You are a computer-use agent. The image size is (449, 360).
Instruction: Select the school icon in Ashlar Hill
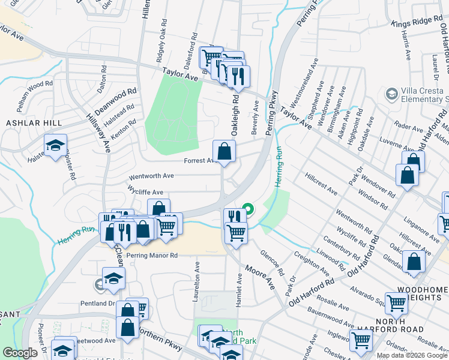(55, 145)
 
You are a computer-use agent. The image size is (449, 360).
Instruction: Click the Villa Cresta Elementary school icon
(392, 94)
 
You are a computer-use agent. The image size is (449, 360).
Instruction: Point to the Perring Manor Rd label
(152, 255)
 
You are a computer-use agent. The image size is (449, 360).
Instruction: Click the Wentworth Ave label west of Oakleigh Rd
(151, 176)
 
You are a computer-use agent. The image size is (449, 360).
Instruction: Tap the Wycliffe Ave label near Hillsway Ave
(145, 193)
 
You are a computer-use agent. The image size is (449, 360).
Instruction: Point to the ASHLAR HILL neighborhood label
(25, 122)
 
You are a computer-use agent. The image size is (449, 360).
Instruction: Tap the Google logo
(20, 353)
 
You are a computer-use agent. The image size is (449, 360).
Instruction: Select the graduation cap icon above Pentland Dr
(113, 278)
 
